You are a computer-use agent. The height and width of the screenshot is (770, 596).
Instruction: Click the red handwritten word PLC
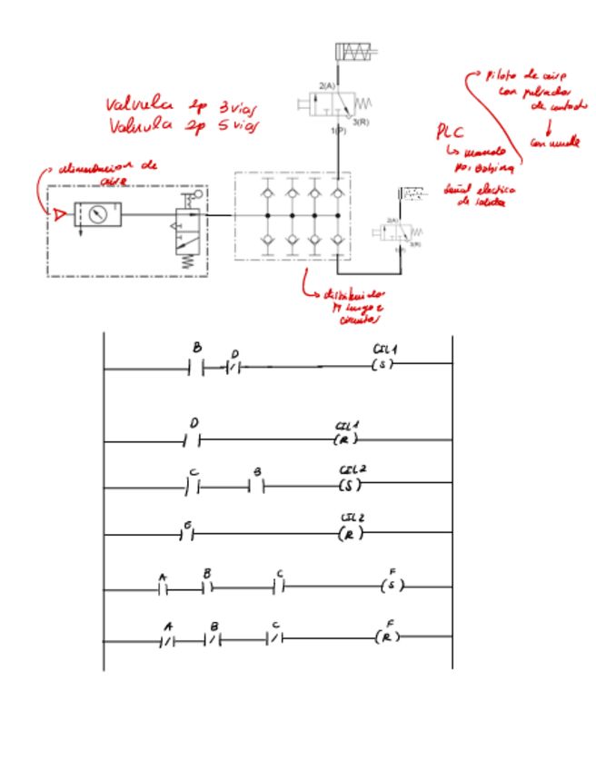452,132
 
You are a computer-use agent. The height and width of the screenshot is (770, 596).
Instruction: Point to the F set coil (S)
392,587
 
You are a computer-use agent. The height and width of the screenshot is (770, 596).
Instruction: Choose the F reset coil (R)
387,637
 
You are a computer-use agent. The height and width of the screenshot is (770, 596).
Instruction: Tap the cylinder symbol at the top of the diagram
355,52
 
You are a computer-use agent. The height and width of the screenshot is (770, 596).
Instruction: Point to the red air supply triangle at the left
60,215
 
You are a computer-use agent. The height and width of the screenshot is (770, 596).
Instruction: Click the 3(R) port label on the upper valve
362,122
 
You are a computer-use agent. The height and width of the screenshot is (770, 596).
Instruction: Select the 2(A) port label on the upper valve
326,85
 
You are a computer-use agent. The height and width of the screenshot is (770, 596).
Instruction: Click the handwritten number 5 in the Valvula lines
223,126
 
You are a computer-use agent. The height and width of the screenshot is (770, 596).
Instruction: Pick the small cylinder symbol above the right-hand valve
412,193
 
